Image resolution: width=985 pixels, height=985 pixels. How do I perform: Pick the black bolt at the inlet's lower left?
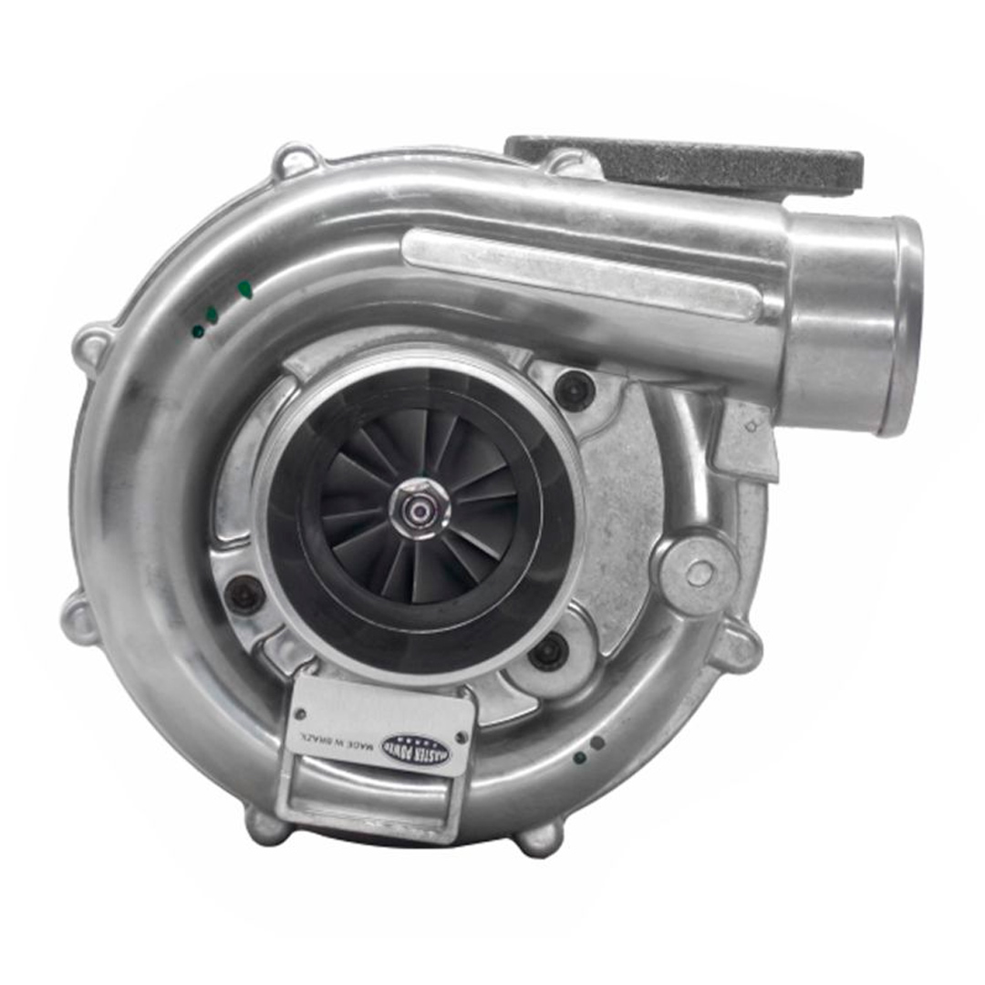(244, 595)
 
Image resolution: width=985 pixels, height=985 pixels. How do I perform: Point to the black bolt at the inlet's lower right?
(548, 651)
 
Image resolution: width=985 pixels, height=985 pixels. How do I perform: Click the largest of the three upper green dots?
(244, 290)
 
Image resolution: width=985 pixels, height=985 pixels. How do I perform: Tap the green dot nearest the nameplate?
(578, 757)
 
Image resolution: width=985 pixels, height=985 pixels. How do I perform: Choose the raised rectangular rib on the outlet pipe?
(584, 274)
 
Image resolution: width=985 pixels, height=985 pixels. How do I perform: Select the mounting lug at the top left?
(296, 161)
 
